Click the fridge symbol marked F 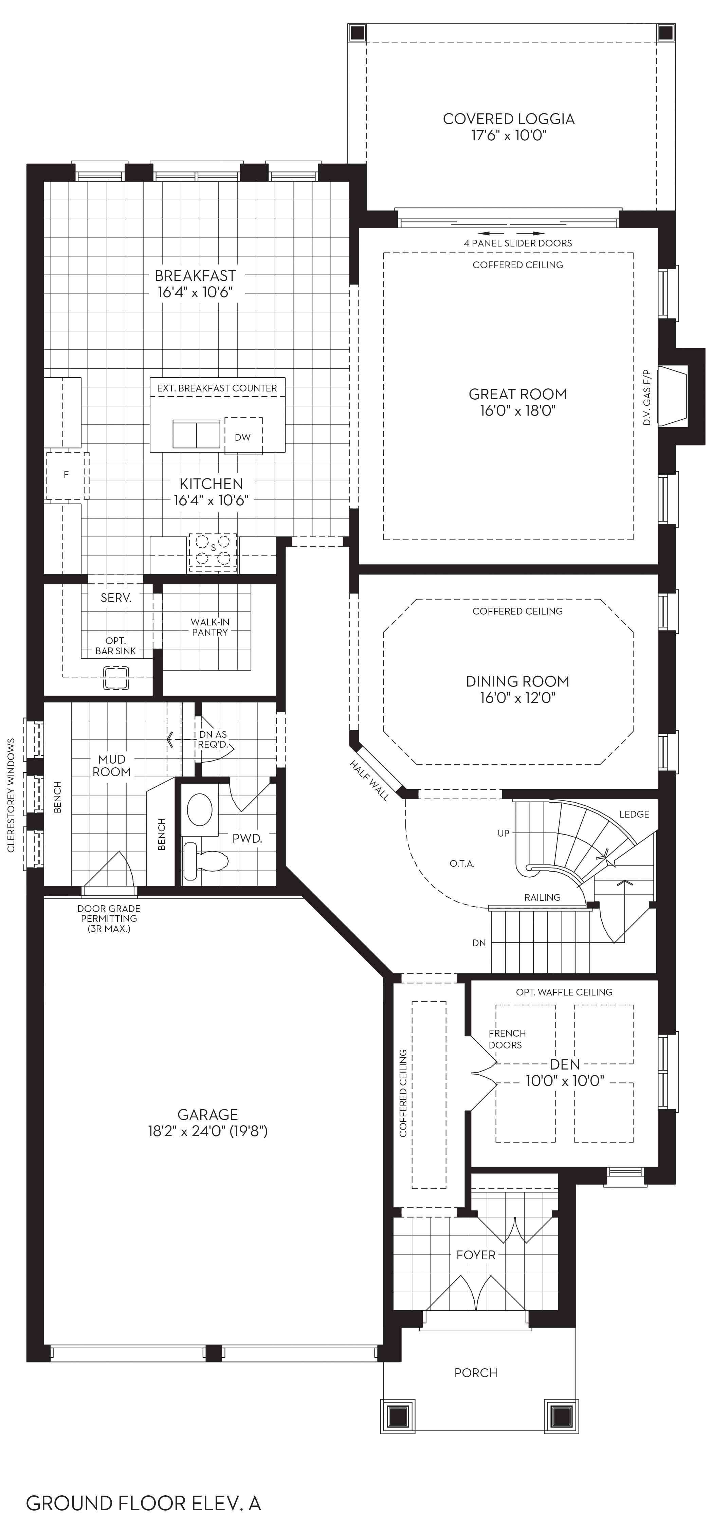pos(67,475)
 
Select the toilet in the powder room pos(205,861)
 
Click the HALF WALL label pos(369,781)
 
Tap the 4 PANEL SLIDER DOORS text pos(518,243)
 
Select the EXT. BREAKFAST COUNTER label pos(217,388)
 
